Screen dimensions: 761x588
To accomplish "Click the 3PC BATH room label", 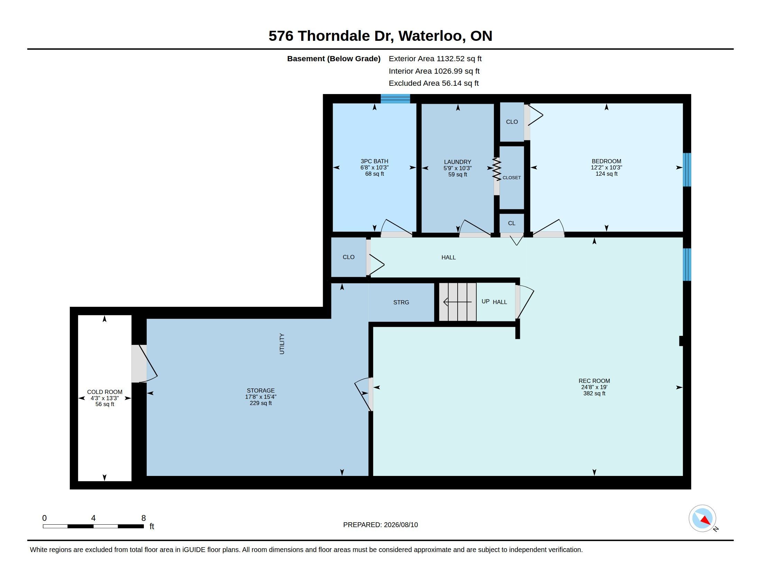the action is pos(374,161).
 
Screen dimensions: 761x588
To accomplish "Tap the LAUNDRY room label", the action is pos(458,162).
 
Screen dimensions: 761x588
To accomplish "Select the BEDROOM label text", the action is pos(606,161).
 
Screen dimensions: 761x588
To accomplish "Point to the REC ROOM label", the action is pos(594,381).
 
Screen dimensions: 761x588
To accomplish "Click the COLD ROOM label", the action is pos(104,392).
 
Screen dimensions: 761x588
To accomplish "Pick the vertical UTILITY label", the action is pos(282,344).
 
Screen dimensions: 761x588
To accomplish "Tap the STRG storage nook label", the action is pos(401,302).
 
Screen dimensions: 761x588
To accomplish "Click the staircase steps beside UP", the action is pos(458,302).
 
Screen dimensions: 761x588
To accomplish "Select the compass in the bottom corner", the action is pos(702,518).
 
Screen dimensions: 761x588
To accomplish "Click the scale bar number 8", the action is pos(144,518).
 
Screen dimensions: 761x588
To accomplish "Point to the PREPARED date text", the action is pos(380,525).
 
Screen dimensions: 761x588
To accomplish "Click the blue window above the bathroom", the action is pos(395,99).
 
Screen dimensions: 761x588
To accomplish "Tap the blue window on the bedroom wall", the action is pos(687,169).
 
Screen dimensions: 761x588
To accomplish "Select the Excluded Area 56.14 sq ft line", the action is pos(434,83).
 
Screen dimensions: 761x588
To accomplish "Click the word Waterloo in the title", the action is pos(430,36).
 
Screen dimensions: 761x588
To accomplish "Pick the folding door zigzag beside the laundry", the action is pos(496,169).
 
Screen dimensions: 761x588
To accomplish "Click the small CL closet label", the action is pos(512,223).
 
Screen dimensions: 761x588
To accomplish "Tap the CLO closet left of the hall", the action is pos(348,257).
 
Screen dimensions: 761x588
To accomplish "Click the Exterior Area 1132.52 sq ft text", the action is pos(435,59).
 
